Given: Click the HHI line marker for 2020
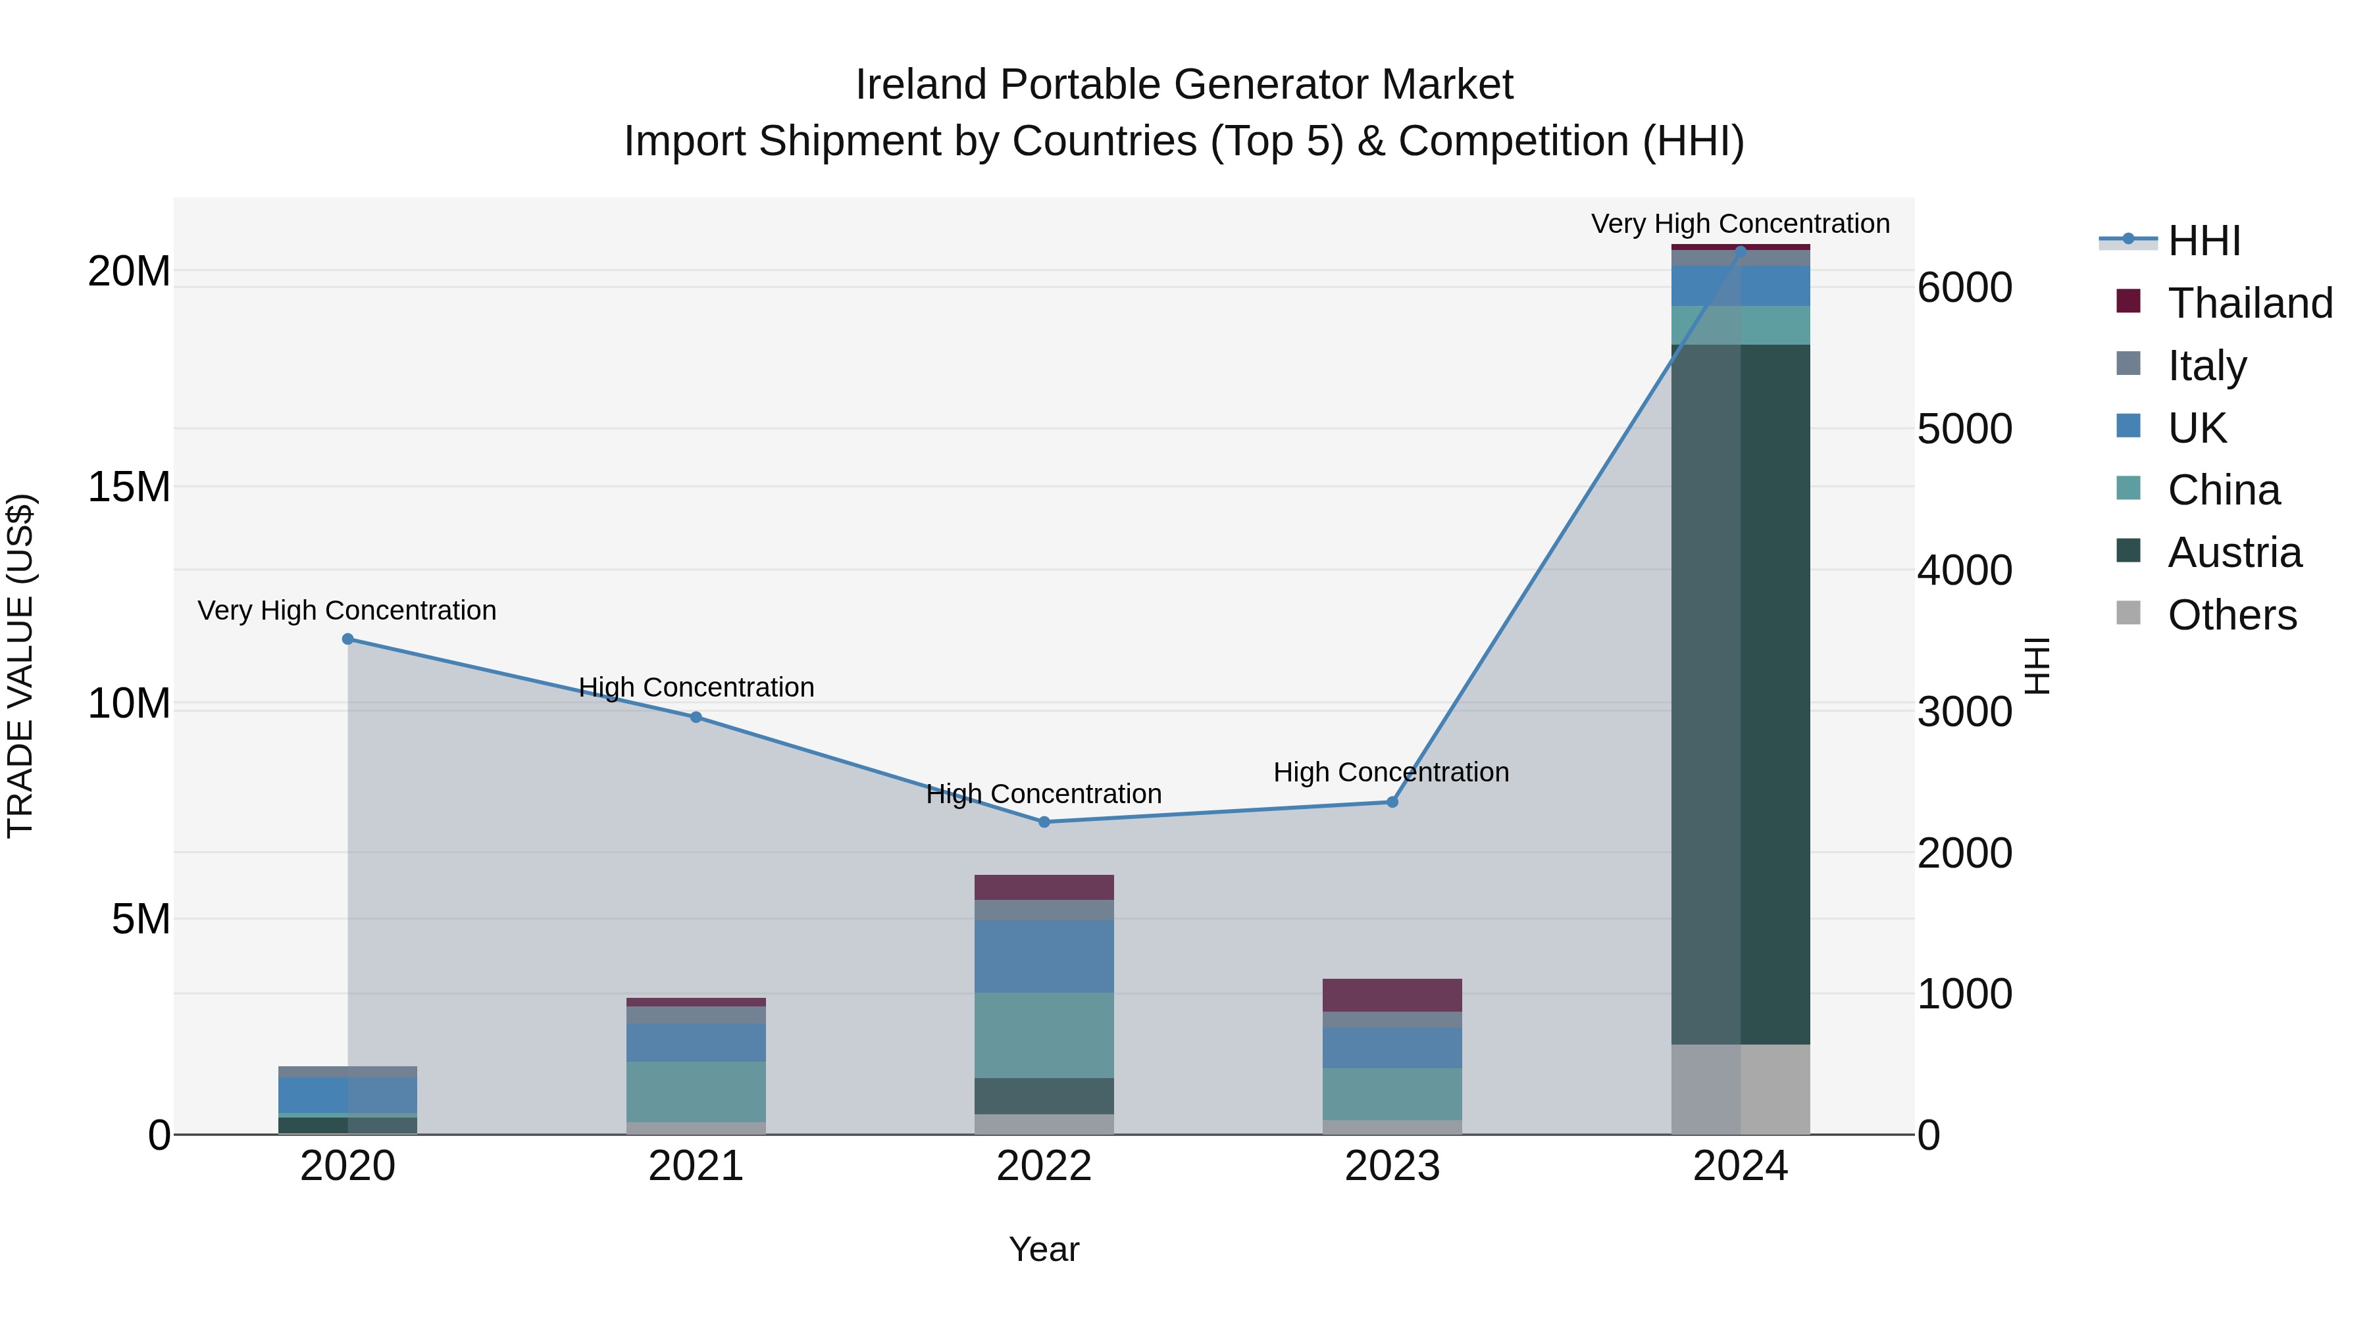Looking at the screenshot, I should (347, 639).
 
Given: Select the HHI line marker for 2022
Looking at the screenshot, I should (1044, 822).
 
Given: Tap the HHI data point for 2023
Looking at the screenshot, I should (1391, 802).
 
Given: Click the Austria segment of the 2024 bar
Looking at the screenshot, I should (1740, 694).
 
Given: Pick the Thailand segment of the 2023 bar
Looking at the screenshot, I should (1391, 995).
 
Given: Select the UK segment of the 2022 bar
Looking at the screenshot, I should (1044, 956).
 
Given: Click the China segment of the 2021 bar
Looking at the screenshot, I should (696, 1091).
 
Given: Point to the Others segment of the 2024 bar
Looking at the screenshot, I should (1740, 1089).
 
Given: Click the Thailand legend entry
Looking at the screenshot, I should (2249, 303).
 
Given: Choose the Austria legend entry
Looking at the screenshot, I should (2234, 553).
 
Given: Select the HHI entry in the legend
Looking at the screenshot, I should (2203, 241).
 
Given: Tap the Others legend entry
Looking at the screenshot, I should (2231, 615).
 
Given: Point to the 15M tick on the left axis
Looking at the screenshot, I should (129, 487).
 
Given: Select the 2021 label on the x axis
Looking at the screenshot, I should (696, 1166).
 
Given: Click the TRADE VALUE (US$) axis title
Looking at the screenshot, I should (20, 666).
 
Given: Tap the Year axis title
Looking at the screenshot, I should (1044, 1249).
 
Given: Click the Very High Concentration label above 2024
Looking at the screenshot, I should (1740, 224).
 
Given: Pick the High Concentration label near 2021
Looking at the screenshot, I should (696, 687).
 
